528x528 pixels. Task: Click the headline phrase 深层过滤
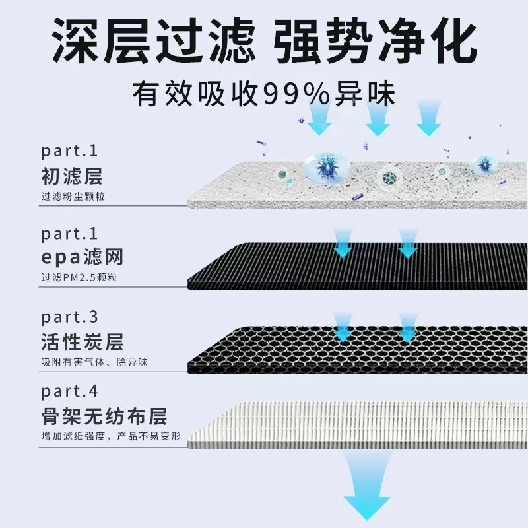(154, 41)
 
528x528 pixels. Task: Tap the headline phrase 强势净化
(375, 41)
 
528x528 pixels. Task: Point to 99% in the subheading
(296, 94)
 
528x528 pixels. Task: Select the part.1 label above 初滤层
(69, 150)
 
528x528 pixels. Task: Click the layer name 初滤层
(72, 176)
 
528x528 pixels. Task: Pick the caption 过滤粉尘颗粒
(73, 196)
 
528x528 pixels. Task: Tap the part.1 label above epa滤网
(69, 234)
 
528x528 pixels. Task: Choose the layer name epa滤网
(82, 257)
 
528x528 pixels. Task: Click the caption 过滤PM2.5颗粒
(79, 277)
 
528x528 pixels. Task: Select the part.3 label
(69, 317)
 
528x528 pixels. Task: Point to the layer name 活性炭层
(82, 342)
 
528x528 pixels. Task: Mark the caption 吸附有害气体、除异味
(94, 362)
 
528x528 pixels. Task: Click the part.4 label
(69, 391)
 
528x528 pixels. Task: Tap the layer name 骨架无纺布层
(104, 416)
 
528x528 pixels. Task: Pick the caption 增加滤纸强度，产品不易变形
(111, 436)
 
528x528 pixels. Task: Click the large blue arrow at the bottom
(367, 485)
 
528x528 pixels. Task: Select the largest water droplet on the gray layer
(327, 168)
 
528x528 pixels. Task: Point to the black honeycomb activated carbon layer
(358, 351)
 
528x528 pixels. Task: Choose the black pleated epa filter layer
(358, 266)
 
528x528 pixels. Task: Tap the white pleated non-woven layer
(358, 425)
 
